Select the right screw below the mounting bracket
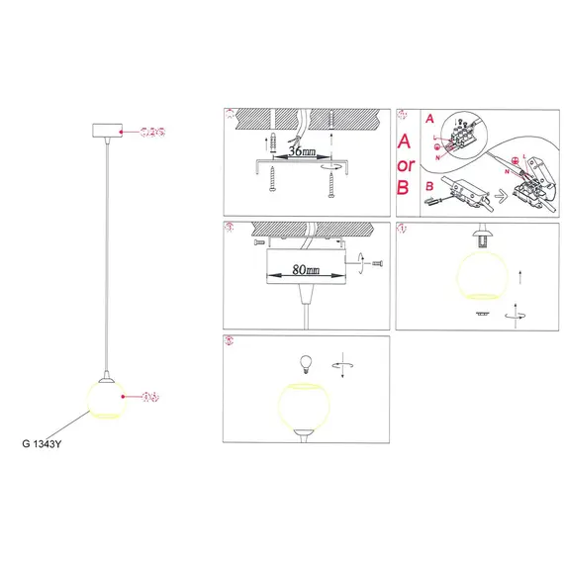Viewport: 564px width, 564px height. (x=329, y=183)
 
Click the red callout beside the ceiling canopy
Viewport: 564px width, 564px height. (x=151, y=131)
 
